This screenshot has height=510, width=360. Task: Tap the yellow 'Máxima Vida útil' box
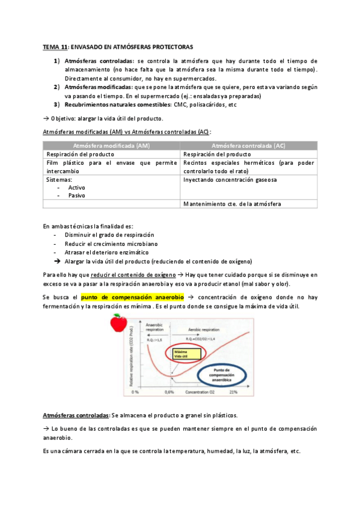168,354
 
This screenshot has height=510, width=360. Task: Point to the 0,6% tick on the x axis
170,392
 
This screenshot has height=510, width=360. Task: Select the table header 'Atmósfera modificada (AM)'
111,146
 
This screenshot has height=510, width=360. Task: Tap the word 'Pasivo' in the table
76,195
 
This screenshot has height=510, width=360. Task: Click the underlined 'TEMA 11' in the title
55,46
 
